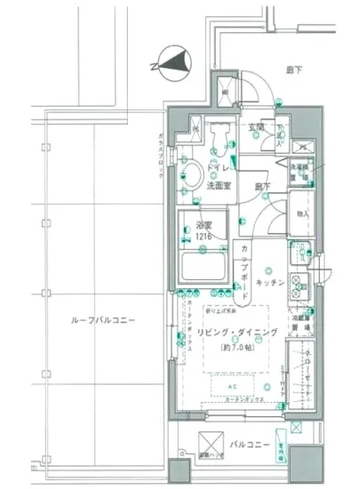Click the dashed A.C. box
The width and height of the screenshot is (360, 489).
[x=239, y=384]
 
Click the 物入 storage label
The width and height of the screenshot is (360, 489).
[x=302, y=213]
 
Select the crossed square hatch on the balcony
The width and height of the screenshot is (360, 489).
[x=212, y=440]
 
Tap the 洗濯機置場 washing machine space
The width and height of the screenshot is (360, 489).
[x=302, y=171]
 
